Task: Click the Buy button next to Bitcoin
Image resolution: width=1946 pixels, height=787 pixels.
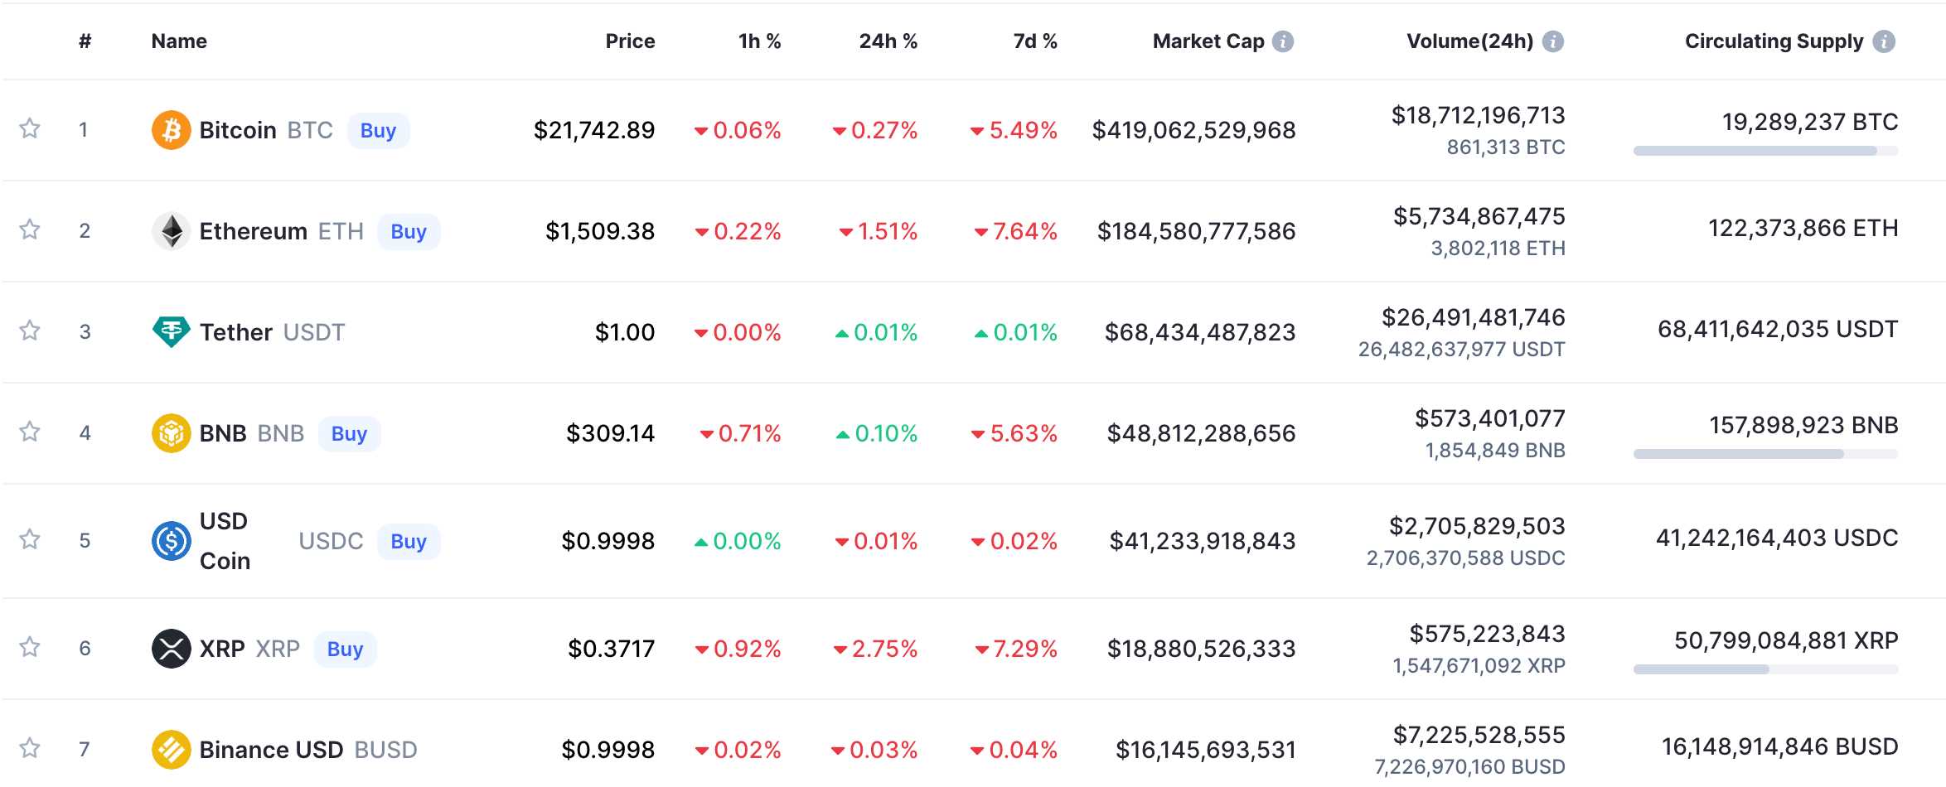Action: (x=378, y=131)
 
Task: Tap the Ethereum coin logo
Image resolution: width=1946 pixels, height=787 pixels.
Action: (x=172, y=231)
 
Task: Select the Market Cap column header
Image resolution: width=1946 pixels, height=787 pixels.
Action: (x=1208, y=41)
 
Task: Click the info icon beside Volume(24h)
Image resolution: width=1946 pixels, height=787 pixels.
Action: (x=1552, y=41)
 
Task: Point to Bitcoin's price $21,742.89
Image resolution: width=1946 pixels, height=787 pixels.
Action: (x=593, y=130)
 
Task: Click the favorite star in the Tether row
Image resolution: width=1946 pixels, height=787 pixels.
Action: (x=30, y=331)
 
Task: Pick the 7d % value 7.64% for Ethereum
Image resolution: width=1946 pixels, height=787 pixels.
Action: (x=1024, y=231)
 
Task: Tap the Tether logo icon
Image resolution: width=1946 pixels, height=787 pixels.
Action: (x=172, y=331)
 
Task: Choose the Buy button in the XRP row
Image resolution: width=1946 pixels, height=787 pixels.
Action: (x=345, y=649)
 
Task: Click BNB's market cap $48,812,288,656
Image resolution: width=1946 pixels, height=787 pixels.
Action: (x=1201, y=433)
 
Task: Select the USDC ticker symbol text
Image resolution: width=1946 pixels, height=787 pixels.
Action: (x=331, y=541)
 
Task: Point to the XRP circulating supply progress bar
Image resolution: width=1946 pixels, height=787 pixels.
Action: (x=1765, y=669)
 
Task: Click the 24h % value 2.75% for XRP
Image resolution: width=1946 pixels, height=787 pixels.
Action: (x=883, y=649)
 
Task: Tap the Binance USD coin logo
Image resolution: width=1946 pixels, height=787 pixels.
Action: (x=172, y=750)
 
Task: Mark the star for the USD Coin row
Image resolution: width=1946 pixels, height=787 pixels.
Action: (x=30, y=539)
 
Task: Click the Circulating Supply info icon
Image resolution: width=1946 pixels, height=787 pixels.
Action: (x=1884, y=41)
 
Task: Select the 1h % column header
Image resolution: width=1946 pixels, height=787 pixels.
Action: (x=759, y=41)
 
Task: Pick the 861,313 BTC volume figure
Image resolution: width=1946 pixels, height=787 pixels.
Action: (x=1505, y=147)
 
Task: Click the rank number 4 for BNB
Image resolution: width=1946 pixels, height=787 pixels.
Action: (x=85, y=432)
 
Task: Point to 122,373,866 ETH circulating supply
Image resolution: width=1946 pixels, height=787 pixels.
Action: (x=1803, y=228)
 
